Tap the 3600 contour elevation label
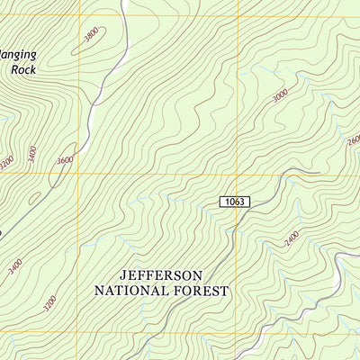point(64,160)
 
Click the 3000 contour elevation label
point(280,94)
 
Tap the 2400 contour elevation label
point(291,239)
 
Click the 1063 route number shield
point(233,202)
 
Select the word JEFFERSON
point(162,274)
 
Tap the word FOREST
point(204,291)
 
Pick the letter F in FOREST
point(183,291)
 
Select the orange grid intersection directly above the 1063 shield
point(238,173)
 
